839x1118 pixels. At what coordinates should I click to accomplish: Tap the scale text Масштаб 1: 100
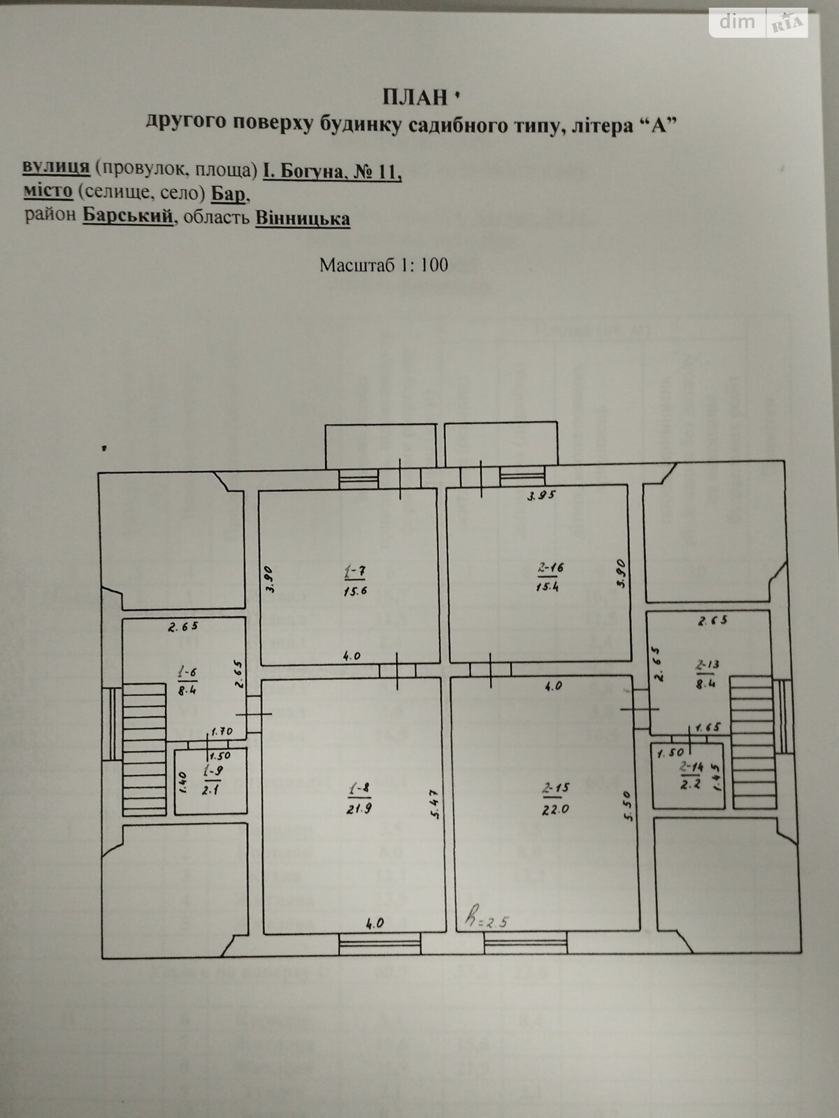tap(383, 265)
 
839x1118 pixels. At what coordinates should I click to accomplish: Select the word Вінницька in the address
tap(303, 218)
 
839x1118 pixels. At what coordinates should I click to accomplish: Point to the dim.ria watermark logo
tap(759, 23)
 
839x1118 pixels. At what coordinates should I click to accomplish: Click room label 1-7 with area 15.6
tap(356, 581)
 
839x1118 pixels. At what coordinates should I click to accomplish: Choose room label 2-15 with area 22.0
tap(556, 797)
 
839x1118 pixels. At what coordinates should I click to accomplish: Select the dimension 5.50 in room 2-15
tap(629, 806)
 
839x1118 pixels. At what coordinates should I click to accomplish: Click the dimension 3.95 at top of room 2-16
tap(540, 495)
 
